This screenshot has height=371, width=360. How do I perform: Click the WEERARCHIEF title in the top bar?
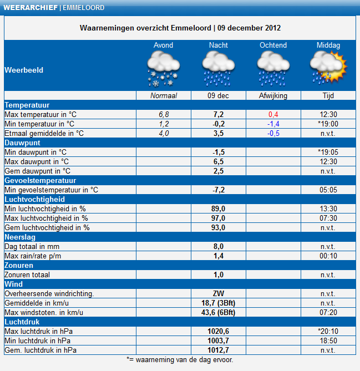coord(29,8)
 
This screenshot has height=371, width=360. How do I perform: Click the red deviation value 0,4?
coord(273,114)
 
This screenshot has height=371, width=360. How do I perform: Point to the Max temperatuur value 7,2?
coord(219,114)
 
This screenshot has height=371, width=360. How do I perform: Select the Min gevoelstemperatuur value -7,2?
coord(219,190)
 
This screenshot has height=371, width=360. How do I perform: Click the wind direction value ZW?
coord(219,293)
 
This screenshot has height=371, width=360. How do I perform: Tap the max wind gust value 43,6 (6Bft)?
coord(219,312)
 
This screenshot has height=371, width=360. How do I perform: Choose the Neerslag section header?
coord(20,237)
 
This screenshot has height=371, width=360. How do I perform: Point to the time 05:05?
coord(328,190)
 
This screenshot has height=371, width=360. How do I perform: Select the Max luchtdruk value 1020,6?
coord(219,331)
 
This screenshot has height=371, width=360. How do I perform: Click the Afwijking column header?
coord(273,95)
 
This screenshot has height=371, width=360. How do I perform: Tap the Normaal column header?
coord(163,95)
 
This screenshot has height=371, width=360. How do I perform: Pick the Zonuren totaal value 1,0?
coord(219,275)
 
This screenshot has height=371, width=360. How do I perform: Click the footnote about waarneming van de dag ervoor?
coord(180,359)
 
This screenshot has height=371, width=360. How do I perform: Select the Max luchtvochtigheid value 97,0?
coord(219,218)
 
